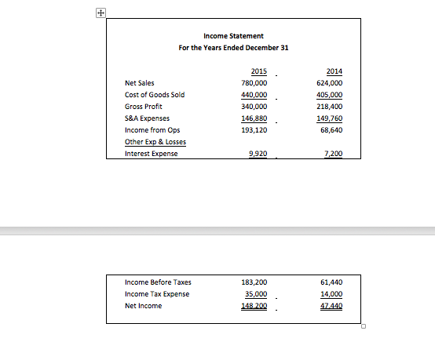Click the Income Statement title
point(233,36)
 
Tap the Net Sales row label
point(140,82)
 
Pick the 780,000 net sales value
point(254,82)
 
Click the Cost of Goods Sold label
point(155,95)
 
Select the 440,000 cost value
point(254,95)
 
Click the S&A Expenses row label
point(147,118)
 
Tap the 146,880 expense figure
point(254,118)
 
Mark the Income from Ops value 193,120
point(254,130)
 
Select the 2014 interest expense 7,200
point(333,154)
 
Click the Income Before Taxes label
point(158,282)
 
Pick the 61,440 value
point(331,282)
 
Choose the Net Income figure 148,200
point(254,306)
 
